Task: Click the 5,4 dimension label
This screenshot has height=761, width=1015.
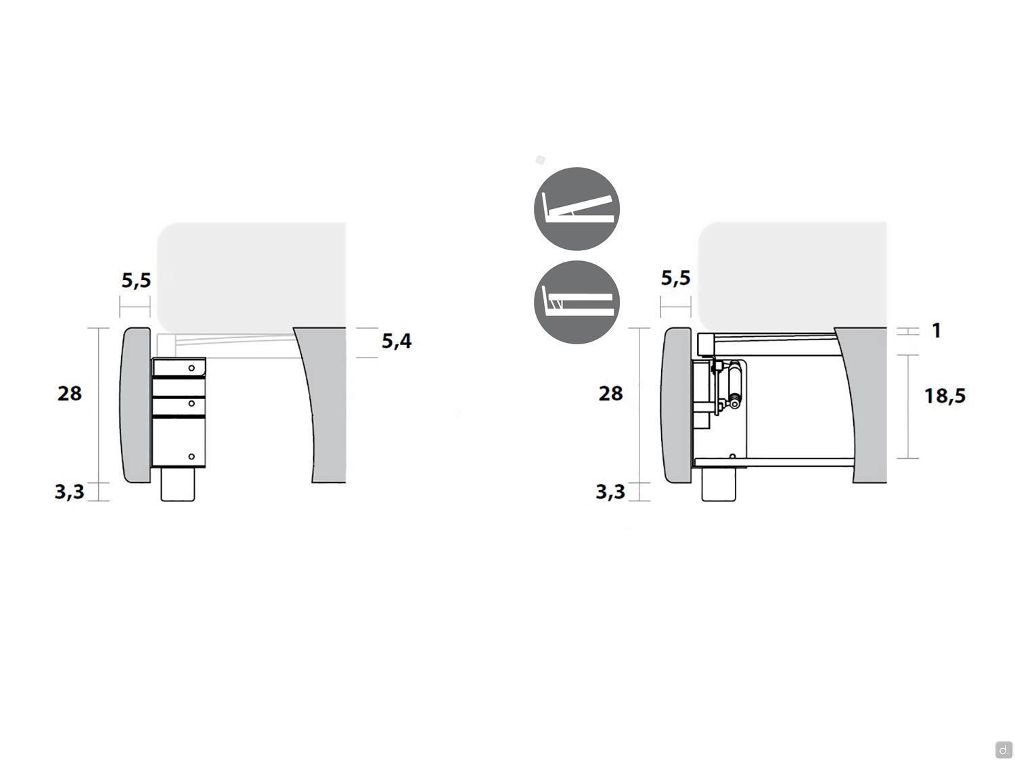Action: click(397, 341)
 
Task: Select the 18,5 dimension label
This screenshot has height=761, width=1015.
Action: click(945, 396)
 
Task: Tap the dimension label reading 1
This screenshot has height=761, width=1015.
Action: click(937, 330)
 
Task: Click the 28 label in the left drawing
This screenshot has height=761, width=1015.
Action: click(70, 394)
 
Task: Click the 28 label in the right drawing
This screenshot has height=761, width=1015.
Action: click(610, 394)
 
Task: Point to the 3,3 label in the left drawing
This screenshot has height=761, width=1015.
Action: click(70, 492)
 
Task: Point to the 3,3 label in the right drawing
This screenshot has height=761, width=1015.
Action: click(610, 492)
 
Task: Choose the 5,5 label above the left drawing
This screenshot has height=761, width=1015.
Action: click(136, 281)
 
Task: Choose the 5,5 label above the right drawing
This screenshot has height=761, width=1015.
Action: click(675, 278)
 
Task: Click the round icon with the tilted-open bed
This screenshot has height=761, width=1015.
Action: click(577, 209)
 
